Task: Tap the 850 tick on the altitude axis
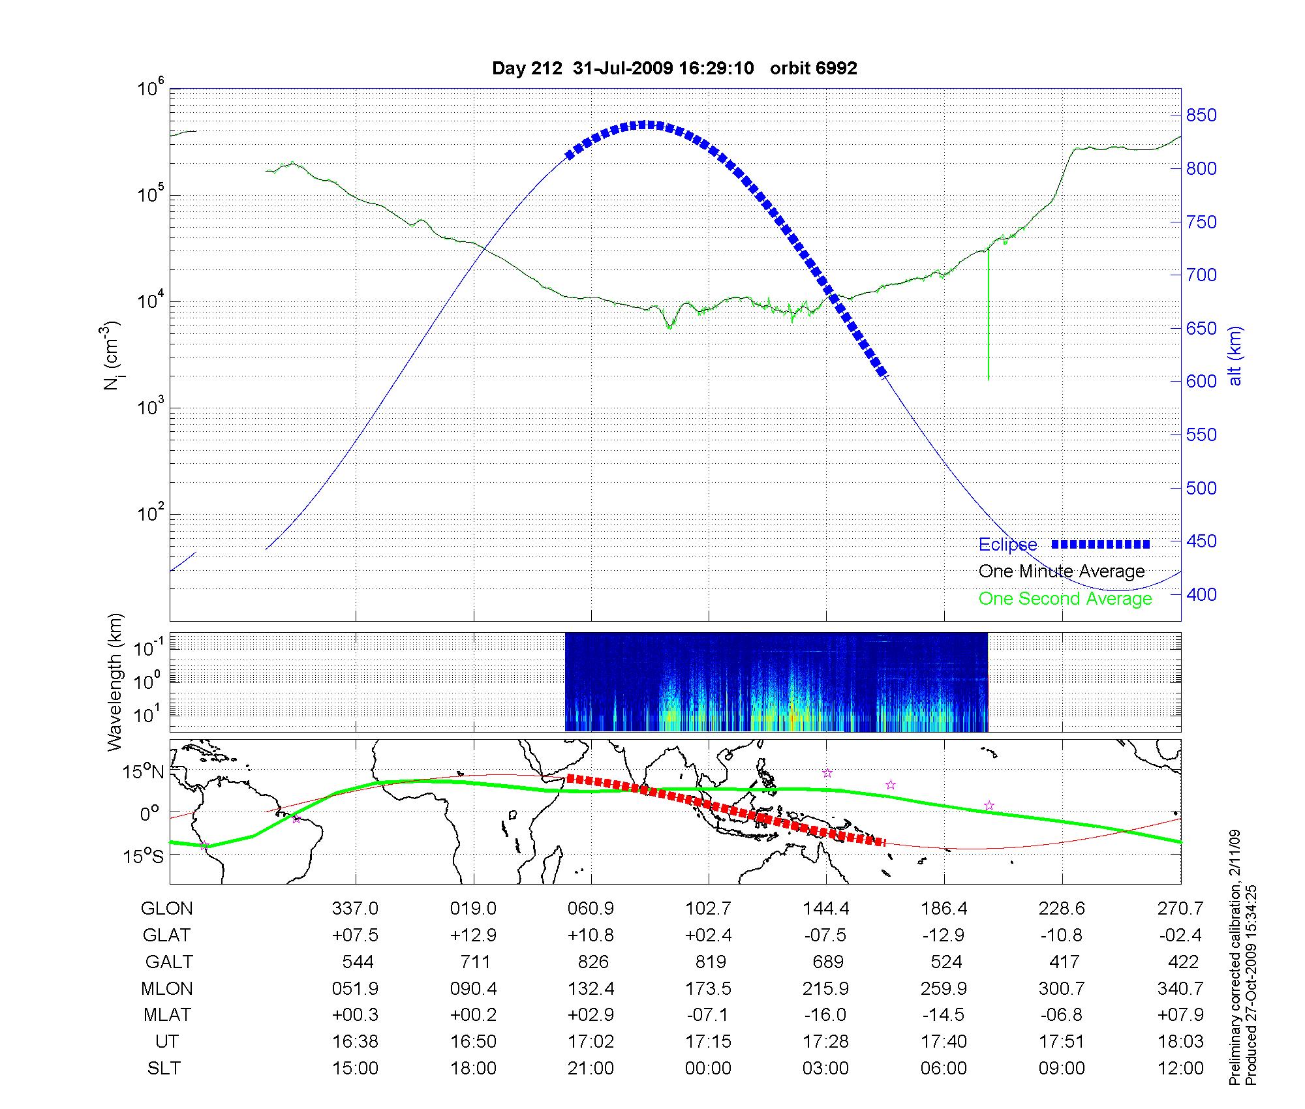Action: [1201, 115]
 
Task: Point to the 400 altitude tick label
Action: [1201, 594]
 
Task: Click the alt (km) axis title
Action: [1235, 356]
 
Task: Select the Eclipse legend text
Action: [1007, 545]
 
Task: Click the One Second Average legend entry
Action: [1065, 599]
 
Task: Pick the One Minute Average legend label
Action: [1062, 571]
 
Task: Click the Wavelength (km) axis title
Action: [115, 682]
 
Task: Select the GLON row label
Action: [167, 908]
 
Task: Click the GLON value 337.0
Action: [355, 908]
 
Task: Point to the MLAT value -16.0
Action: [826, 1015]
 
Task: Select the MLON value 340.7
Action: [1180, 988]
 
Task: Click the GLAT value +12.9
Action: [474, 935]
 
